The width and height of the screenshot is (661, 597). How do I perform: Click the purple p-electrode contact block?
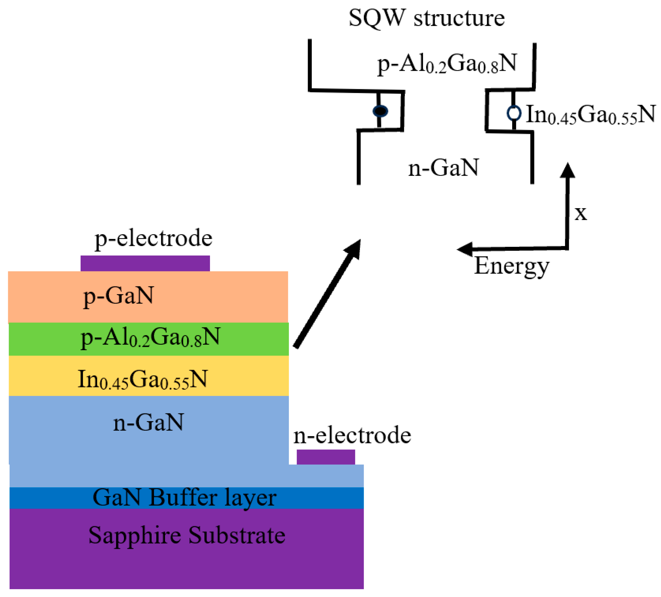tap(145, 264)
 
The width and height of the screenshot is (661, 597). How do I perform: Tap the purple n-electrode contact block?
tap(326, 457)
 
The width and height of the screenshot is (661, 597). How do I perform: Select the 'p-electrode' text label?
tap(153, 238)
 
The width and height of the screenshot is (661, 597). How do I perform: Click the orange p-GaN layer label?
tap(118, 296)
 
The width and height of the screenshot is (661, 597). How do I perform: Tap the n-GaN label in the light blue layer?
tap(148, 422)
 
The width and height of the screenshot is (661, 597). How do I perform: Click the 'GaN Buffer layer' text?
tap(185, 498)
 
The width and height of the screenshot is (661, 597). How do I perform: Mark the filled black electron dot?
tap(380, 111)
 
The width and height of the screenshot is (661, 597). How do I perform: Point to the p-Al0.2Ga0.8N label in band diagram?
tap(447, 64)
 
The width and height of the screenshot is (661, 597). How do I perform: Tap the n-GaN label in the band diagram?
tap(443, 168)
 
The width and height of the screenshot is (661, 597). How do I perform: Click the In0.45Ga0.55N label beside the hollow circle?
tap(590, 115)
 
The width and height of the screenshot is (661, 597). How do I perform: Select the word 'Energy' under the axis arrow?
tap(511, 266)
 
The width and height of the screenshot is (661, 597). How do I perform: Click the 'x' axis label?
tap(580, 213)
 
